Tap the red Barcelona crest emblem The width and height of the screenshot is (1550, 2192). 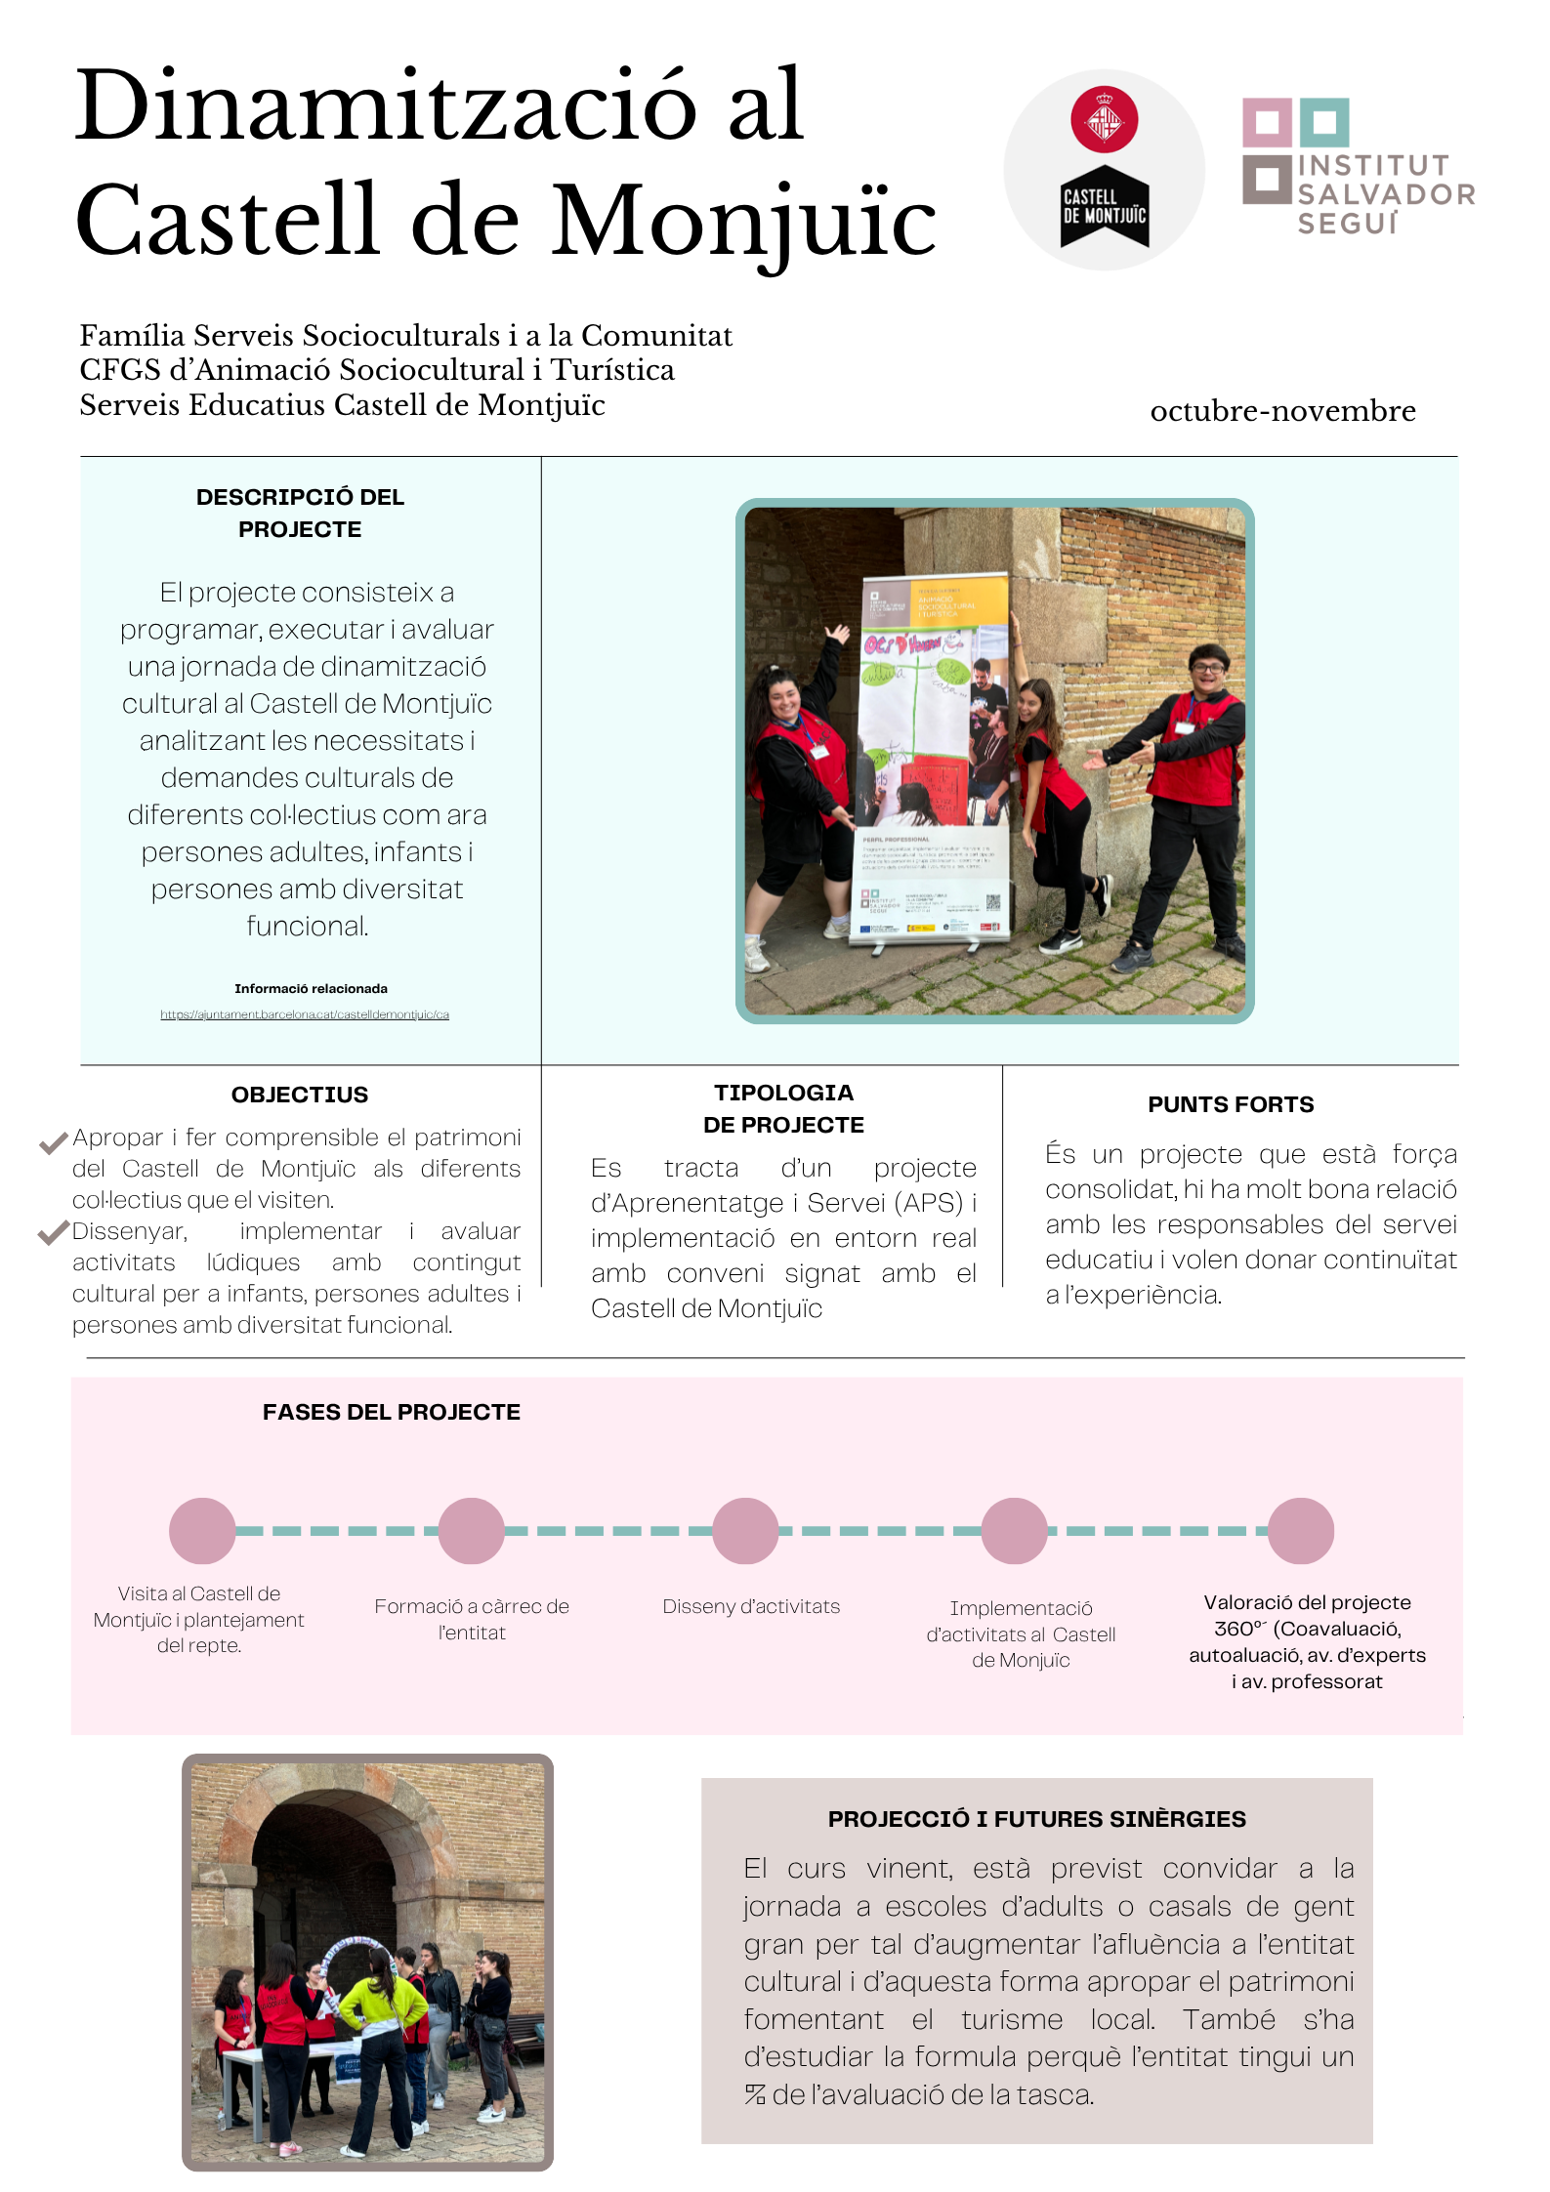(x=1104, y=119)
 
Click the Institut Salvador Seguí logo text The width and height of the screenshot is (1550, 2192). (x=1384, y=194)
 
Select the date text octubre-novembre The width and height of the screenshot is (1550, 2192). (x=1282, y=411)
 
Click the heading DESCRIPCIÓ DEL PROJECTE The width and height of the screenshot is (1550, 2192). (x=300, y=513)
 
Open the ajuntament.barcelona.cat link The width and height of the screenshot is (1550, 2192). (x=305, y=1014)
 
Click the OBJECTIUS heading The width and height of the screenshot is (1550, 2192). (x=300, y=1095)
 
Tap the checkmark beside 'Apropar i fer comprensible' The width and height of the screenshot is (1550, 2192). (x=53, y=1141)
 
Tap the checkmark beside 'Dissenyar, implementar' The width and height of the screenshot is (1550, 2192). (x=53, y=1233)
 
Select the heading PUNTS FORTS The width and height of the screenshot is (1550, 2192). (x=1231, y=1104)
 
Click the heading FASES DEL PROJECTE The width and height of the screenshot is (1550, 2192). (x=391, y=1412)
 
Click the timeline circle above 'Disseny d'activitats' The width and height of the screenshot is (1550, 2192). (x=745, y=1531)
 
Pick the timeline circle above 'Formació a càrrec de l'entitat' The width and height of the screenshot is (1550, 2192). (x=471, y=1531)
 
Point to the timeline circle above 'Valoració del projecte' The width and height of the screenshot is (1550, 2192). (x=1301, y=1531)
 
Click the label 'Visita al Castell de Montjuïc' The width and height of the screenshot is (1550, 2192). (x=199, y=1606)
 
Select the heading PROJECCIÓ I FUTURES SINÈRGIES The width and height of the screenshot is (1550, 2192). (x=1036, y=1819)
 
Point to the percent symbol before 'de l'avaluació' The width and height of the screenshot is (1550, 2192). (x=755, y=2094)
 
